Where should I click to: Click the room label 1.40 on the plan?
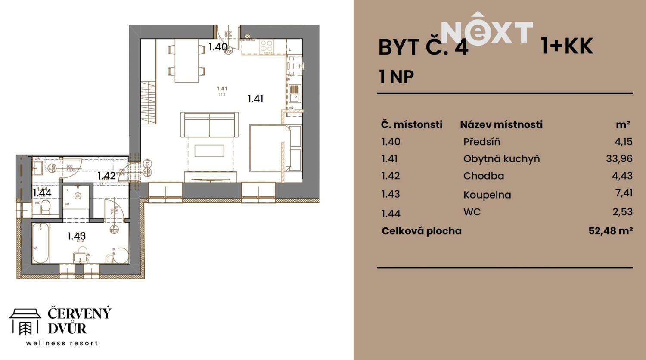(x=217, y=47)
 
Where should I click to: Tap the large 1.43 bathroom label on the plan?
(x=76, y=236)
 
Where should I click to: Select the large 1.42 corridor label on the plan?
(x=106, y=176)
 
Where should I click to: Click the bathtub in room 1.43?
(x=40, y=243)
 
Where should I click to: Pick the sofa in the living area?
(x=209, y=124)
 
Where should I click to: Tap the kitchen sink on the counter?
(x=294, y=93)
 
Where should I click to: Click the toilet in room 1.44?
(x=45, y=208)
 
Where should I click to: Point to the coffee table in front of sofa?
(x=209, y=151)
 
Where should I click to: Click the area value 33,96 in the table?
(x=619, y=158)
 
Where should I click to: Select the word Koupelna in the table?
(x=487, y=195)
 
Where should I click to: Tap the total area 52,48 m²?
(x=610, y=231)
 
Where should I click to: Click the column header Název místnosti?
(x=501, y=124)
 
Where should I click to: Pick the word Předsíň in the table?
(x=481, y=142)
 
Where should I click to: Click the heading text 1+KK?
(x=567, y=46)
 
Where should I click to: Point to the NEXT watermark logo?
(x=487, y=32)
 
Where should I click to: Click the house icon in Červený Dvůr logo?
(x=25, y=321)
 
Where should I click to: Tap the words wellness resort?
(x=62, y=343)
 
